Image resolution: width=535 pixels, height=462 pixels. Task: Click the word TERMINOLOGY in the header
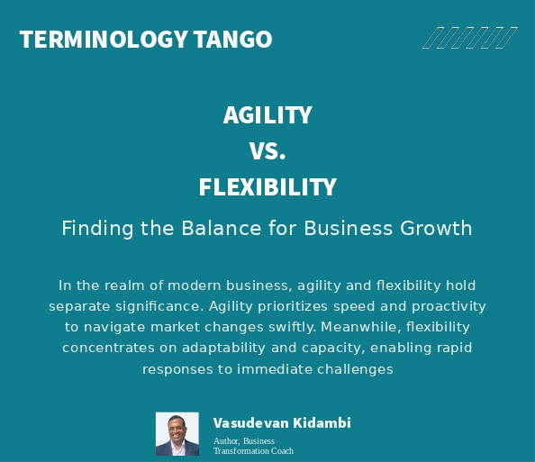(101, 40)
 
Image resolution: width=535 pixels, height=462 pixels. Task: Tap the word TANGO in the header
(231, 40)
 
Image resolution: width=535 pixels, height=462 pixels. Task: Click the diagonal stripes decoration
(469, 38)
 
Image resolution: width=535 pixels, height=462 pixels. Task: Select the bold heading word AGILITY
(267, 115)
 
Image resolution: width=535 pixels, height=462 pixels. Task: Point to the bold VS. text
(267, 151)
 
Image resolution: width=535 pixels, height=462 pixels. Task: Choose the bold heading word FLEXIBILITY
(267, 187)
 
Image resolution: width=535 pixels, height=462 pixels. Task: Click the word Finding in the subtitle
(95, 229)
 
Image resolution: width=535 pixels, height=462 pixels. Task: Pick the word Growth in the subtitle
(438, 229)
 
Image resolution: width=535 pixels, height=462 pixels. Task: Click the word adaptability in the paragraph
(222, 348)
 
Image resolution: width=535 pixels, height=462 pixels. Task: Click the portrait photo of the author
(177, 434)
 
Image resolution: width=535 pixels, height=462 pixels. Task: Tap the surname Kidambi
(322, 422)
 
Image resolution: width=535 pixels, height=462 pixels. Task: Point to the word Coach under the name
(280, 450)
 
